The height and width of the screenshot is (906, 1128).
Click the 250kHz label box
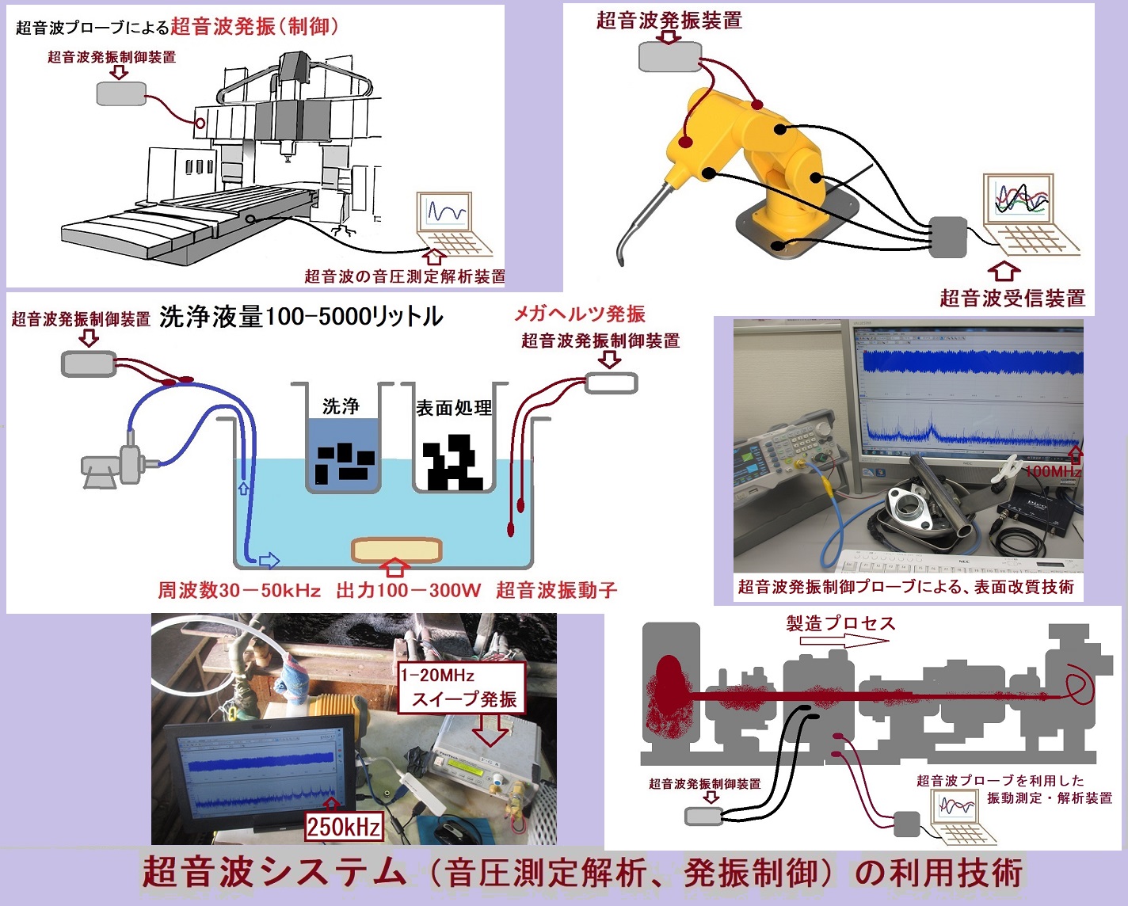344,827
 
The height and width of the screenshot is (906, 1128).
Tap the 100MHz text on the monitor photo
1052,471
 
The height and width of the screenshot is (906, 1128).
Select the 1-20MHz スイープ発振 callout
461,687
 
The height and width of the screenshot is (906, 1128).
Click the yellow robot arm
760,158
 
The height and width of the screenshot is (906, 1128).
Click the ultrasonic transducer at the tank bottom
396,550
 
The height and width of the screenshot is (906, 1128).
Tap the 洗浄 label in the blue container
341,406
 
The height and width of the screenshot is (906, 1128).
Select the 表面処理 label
454,408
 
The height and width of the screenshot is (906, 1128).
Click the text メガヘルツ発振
580,314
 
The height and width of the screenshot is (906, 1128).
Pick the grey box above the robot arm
670,56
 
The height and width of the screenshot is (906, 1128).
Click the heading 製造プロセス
840,623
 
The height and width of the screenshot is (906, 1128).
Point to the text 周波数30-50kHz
239,590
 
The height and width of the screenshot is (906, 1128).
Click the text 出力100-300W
408,590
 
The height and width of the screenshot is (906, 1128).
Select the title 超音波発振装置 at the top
669,21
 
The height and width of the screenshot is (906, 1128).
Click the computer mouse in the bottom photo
453,832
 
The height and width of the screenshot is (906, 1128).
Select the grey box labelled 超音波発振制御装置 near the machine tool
121,93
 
